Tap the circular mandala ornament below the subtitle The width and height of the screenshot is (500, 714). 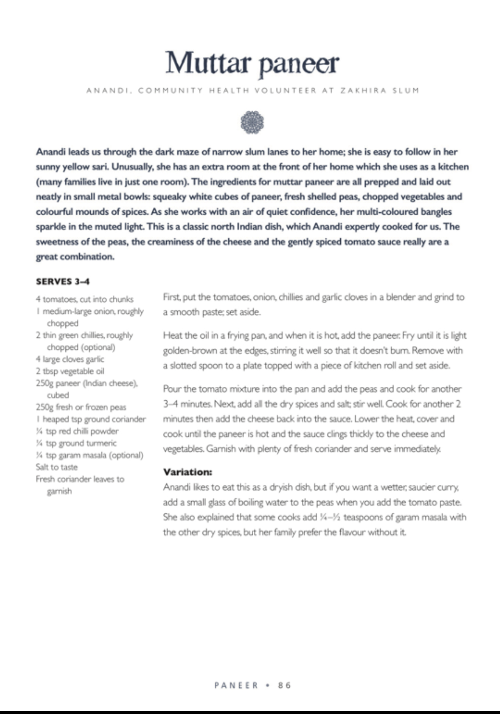(x=252, y=122)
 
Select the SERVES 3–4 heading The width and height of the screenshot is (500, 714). (x=63, y=282)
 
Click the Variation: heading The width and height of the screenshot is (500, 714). (x=188, y=472)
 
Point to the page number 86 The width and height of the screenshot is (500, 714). (x=284, y=685)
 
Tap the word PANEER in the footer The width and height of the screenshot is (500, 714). (x=236, y=685)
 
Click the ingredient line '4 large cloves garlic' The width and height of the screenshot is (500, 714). (x=70, y=359)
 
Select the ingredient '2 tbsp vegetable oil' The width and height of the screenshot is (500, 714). (x=70, y=371)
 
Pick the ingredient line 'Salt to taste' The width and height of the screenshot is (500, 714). (x=57, y=467)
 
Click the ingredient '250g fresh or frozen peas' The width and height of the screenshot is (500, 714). (x=81, y=407)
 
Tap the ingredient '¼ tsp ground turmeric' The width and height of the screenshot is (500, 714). (x=76, y=443)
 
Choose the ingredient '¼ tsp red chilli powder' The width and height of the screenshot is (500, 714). (x=77, y=431)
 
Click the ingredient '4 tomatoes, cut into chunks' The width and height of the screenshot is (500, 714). (x=85, y=299)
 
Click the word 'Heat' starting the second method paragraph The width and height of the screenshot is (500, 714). (x=172, y=335)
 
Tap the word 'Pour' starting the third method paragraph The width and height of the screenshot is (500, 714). (x=172, y=389)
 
